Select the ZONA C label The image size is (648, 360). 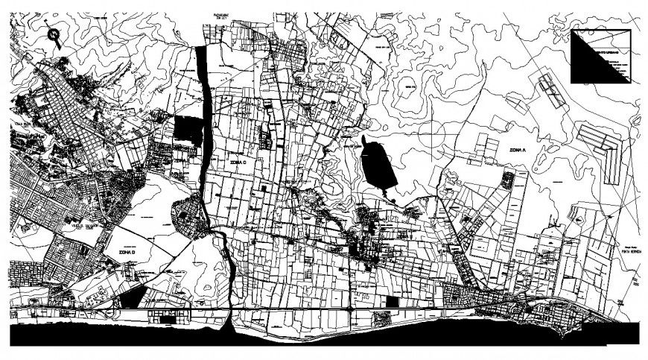coord(238,160)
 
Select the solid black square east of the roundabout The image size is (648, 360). coord(393,301)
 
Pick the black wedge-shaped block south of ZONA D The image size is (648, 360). coord(130,298)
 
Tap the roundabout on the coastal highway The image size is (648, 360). coord(349,308)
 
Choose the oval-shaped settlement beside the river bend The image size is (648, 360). coord(187,216)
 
